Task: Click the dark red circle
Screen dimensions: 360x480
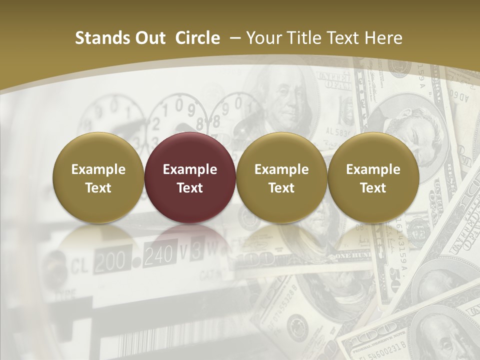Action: (190, 177)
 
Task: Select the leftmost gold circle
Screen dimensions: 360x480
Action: (98, 177)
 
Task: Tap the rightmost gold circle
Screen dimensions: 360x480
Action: (373, 177)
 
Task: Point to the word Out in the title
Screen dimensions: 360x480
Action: (150, 38)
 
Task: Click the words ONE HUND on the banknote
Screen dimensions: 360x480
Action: (352, 256)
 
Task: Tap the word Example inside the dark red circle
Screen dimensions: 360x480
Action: (190, 169)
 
